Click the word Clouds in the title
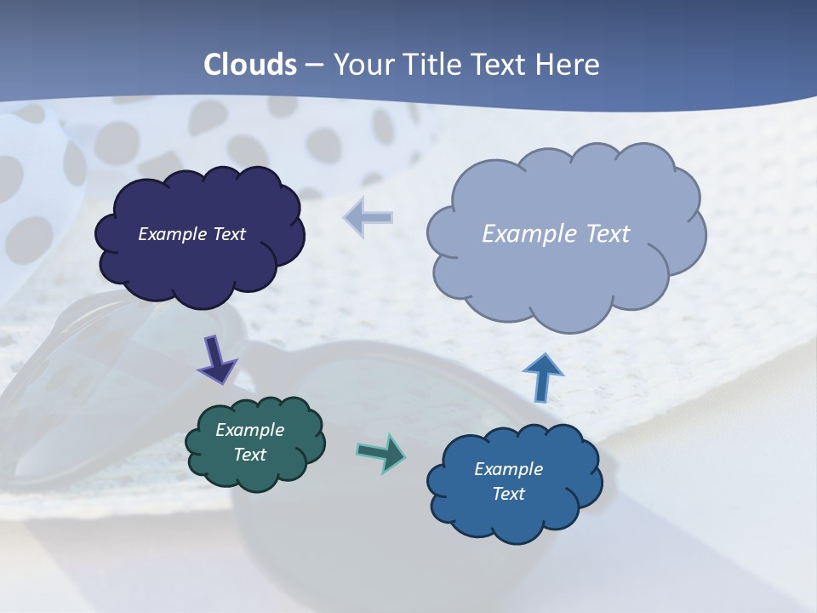click(x=250, y=65)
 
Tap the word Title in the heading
click(x=431, y=65)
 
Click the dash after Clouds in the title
click(x=314, y=66)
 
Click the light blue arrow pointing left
click(x=369, y=218)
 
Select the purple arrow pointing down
click(x=216, y=360)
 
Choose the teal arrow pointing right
click(x=380, y=452)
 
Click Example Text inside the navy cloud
click(x=191, y=234)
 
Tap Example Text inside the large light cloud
click(x=556, y=234)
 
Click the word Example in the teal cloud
click(x=249, y=430)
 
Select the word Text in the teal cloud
click(x=250, y=455)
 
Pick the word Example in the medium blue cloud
click(x=508, y=469)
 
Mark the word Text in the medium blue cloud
click(x=508, y=494)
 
